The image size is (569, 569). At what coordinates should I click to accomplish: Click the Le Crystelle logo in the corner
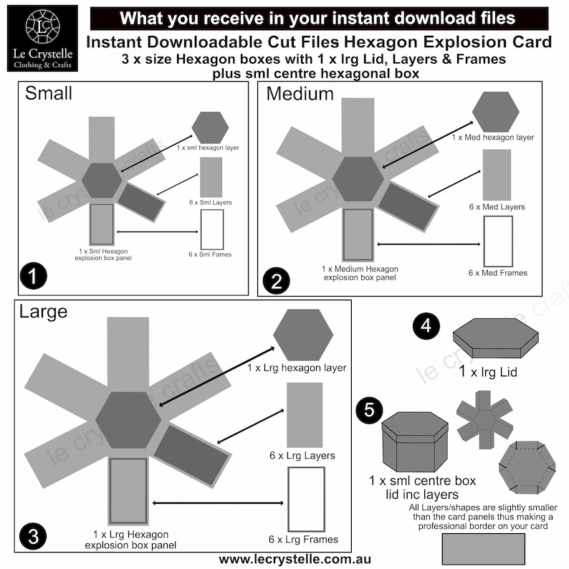(x=42, y=38)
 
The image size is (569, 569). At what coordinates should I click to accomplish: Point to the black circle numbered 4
(x=426, y=327)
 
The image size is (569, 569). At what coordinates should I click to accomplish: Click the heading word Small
(x=49, y=93)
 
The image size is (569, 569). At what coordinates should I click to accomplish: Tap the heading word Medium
(x=300, y=93)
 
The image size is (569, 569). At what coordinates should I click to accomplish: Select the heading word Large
(x=44, y=312)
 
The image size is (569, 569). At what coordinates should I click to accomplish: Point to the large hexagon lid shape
(x=495, y=338)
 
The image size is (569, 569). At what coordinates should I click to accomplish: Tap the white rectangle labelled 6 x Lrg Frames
(x=306, y=499)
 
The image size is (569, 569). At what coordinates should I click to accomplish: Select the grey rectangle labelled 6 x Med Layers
(x=497, y=175)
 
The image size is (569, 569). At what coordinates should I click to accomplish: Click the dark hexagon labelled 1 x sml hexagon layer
(x=210, y=128)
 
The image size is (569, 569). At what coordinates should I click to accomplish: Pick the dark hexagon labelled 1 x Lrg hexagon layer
(x=303, y=335)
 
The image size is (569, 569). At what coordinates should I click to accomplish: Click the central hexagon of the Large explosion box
(x=128, y=420)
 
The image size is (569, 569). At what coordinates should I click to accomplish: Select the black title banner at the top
(x=317, y=18)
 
